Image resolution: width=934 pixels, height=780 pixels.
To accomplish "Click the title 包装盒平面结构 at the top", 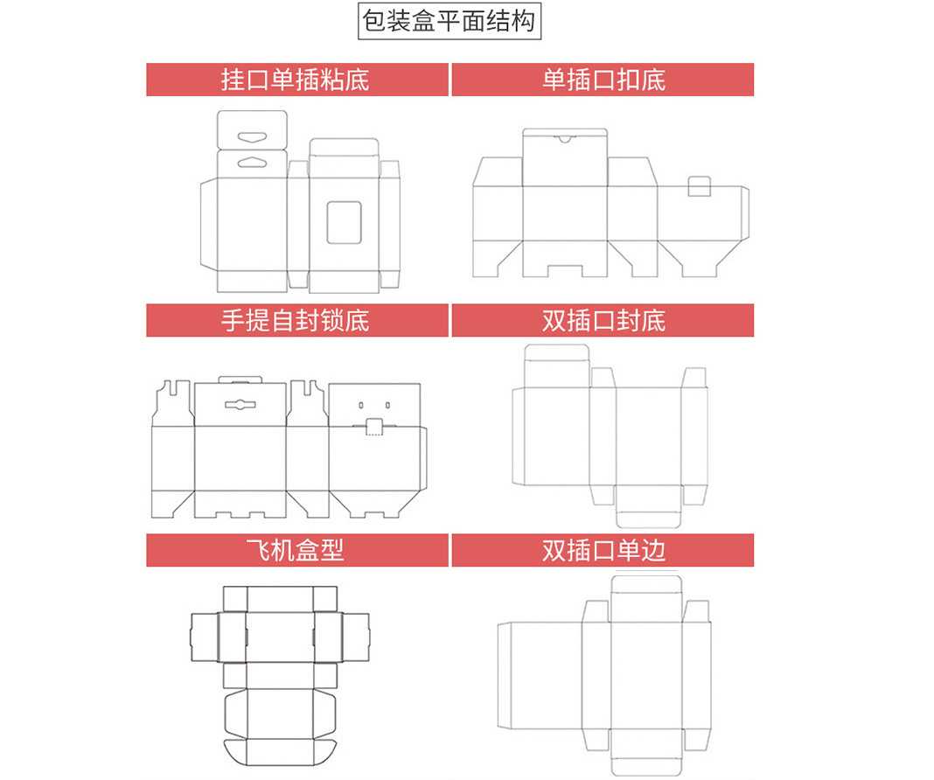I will [x=450, y=20].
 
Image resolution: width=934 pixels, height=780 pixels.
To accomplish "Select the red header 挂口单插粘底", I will [x=296, y=80].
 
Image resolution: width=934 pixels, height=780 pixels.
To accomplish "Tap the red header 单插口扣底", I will [x=603, y=80].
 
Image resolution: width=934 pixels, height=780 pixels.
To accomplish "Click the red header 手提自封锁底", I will [x=296, y=320].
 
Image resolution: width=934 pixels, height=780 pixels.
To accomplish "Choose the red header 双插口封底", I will [x=603, y=320].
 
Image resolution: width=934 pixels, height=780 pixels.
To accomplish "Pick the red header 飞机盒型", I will [x=296, y=550].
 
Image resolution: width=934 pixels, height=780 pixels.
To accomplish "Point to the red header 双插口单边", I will [x=603, y=550].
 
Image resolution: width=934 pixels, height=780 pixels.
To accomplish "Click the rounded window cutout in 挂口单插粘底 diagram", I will [x=344, y=221].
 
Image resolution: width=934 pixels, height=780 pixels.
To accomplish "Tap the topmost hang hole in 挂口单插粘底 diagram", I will [x=252, y=136].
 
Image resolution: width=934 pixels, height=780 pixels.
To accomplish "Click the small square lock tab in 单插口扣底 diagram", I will [x=700, y=186].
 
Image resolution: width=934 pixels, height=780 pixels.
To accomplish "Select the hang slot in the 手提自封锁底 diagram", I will [x=239, y=405].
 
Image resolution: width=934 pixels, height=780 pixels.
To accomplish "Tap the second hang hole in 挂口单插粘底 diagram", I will [x=252, y=161].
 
